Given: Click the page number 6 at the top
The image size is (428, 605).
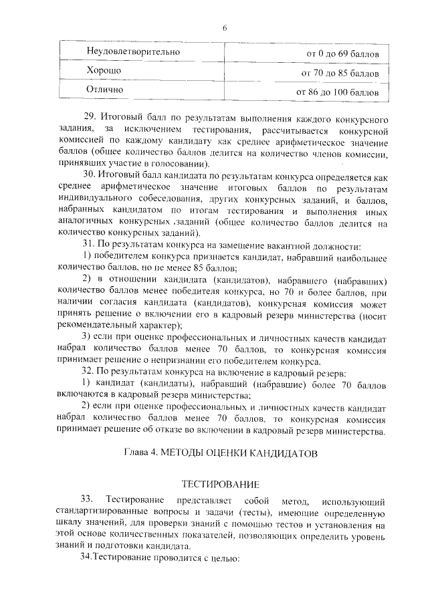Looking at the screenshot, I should pos(225,27).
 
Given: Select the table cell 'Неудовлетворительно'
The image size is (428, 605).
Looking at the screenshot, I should pos(124,51).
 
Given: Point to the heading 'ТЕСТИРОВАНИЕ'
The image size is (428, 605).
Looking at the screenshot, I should pos(221,483).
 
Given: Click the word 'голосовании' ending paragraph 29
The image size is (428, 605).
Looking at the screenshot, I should pos(181,163).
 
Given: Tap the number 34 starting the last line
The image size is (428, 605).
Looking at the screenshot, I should pos(84,558).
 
